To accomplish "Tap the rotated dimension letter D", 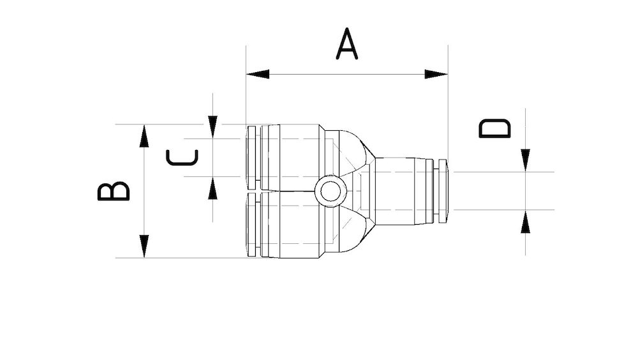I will [x=495, y=128].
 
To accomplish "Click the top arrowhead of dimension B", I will [x=144, y=135].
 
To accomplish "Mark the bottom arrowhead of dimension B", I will [x=144, y=246].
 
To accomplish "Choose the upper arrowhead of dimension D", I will [x=525, y=160].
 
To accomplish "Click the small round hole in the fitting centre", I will [x=330, y=191].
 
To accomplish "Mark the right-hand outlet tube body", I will [x=399, y=191].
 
